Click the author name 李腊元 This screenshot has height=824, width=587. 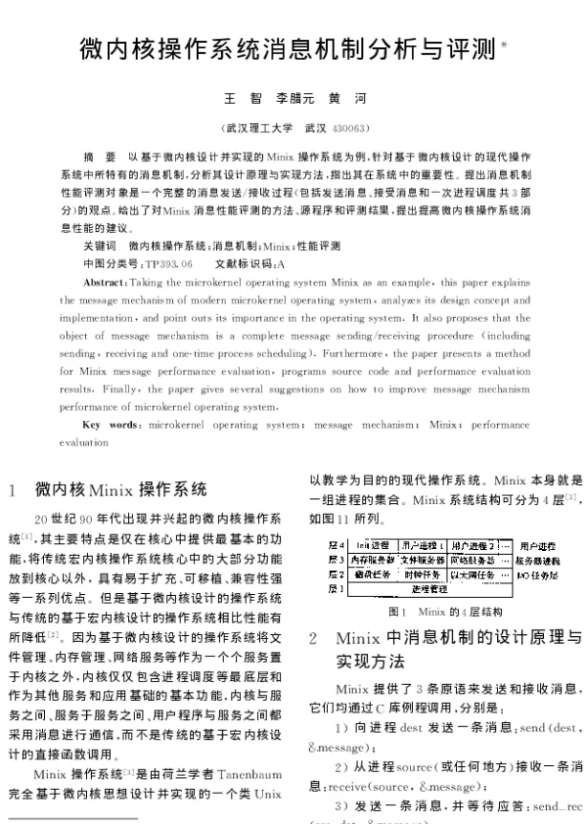coord(296,99)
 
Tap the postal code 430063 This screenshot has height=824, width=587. coord(351,127)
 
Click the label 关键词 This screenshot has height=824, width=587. coord(100,246)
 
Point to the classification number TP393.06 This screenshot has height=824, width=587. coord(167,264)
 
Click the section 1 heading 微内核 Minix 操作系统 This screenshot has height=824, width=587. coord(121,488)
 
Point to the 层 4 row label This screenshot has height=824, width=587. coord(335,544)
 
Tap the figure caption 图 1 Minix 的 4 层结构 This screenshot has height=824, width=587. coord(433,611)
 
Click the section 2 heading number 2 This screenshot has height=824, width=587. coord(313,638)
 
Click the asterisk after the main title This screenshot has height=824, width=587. coord(505,44)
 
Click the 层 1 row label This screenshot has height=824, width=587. coord(335,589)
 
